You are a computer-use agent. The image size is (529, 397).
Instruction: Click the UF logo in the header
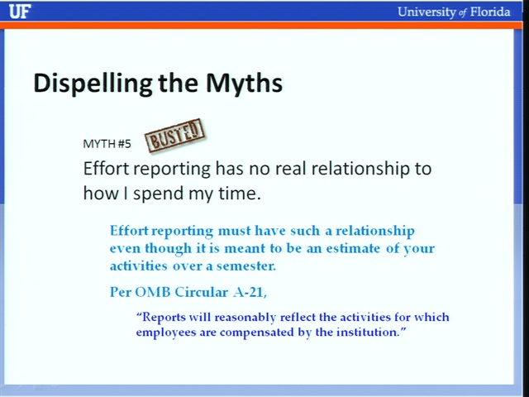(x=20, y=12)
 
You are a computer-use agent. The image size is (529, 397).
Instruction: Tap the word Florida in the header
(x=490, y=12)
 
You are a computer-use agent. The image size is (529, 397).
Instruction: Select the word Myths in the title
(x=244, y=83)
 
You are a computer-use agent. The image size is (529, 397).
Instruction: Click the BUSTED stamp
(x=174, y=136)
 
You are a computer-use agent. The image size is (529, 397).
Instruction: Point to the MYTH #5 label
(x=107, y=144)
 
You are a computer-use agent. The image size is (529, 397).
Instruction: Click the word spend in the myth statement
(x=158, y=194)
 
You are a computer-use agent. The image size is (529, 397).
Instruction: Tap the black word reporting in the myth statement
(x=173, y=169)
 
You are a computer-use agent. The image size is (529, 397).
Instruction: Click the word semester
(x=246, y=266)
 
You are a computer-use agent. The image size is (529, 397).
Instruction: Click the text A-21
(x=250, y=292)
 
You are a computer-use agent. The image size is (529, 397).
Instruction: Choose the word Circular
(x=202, y=292)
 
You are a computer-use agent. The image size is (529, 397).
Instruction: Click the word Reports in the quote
(x=164, y=318)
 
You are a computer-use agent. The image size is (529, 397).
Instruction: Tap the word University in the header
(x=427, y=12)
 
